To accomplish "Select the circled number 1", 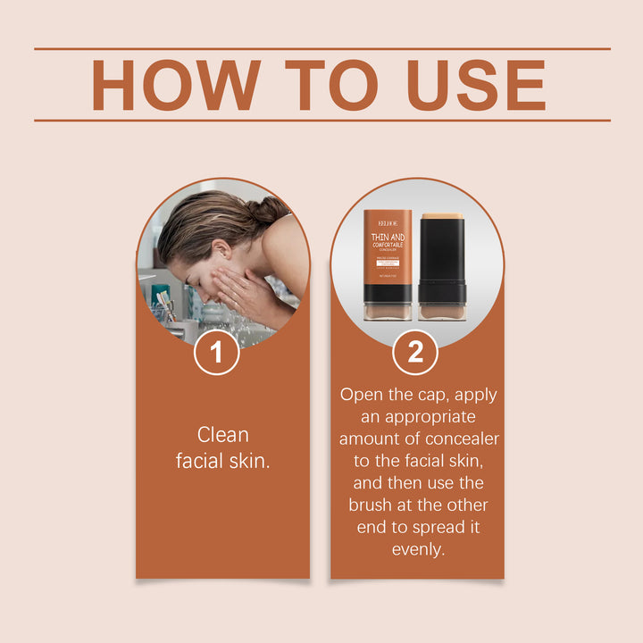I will point(215,352).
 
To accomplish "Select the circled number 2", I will point(415,352).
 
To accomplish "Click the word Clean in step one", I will point(222,435).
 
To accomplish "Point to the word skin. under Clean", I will point(252,462).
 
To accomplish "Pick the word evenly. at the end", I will point(417,549).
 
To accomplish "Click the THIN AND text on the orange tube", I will point(388,238).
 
